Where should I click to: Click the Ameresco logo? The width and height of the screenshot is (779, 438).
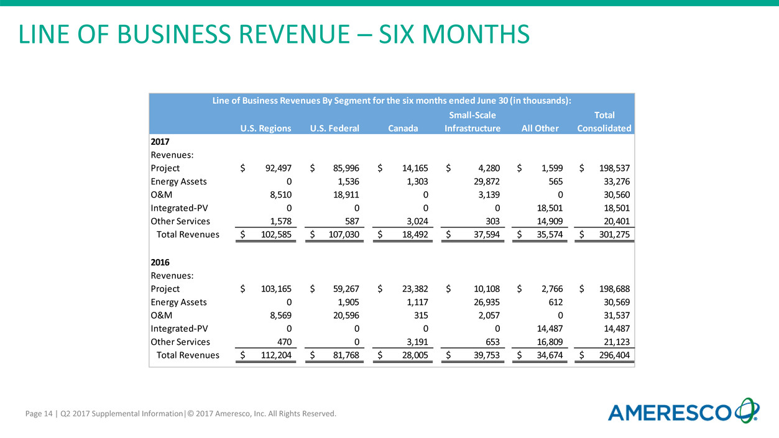coord(683,412)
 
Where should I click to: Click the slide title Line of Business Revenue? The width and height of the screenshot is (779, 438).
coord(274,34)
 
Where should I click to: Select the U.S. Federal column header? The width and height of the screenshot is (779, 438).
coord(334,129)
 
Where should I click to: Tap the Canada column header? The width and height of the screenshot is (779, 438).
coord(403,129)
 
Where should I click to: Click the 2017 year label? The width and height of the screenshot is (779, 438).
coord(161,141)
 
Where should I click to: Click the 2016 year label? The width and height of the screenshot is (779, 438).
coord(161,262)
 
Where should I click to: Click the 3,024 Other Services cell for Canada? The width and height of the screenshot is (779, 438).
coord(413,221)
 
